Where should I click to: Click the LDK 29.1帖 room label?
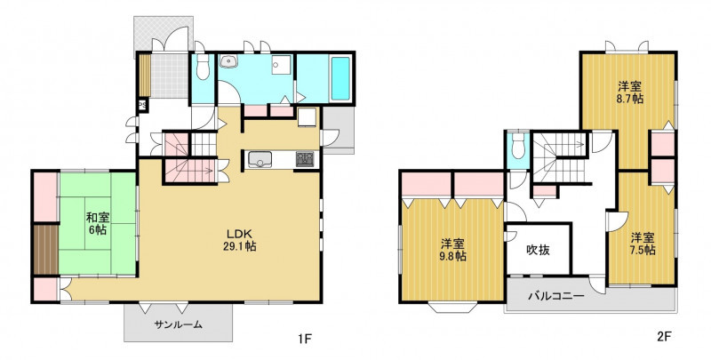tap(240, 240)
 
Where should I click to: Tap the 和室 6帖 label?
tap(96, 223)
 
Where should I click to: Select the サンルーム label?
tap(178, 324)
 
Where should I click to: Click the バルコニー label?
tap(555, 297)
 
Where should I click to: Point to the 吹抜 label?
tap(539, 250)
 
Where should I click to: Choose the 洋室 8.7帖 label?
tap(630, 92)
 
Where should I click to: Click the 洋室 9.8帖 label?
tap(453, 250)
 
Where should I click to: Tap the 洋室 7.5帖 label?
tap(643, 244)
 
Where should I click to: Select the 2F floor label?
tap(664, 336)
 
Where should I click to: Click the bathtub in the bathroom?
tap(340, 78)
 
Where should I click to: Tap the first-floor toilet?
tap(203, 67)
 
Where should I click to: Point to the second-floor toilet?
tap(517, 146)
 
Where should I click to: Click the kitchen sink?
tap(260, 159)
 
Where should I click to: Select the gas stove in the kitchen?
tap(305, 159)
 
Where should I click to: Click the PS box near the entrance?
tap(142, 105)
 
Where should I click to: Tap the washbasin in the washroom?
tap(228, 61)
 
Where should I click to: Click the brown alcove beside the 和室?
tap(46, 250)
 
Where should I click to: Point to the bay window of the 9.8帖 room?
tap(451, 308)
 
